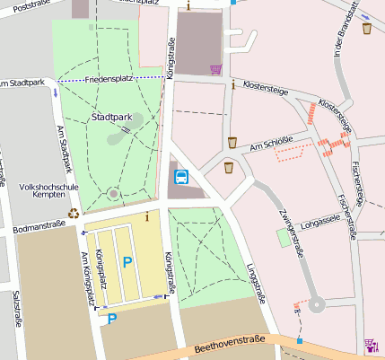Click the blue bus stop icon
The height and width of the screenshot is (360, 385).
pyautogui.click(x=180, y=177)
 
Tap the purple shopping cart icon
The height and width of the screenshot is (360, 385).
pyautogui.click(x=215, y=69)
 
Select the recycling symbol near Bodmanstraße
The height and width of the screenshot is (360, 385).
pyautogui.click(x=74, y=213)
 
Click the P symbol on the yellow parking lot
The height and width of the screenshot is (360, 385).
pyautogui.click(x=127, y=262)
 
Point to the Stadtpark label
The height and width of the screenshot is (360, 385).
pyautogui.click(x=112, y=118)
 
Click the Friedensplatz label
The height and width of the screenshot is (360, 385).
pyautogui.click(x=109, y=79)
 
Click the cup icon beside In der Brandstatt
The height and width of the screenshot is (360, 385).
pyautogui.click(x=366, y=29)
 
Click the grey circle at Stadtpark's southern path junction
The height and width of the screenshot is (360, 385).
pyautogui.click(x=112, y=193)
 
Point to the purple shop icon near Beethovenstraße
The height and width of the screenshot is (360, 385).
pyautogui.click(x=371, y=345)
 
